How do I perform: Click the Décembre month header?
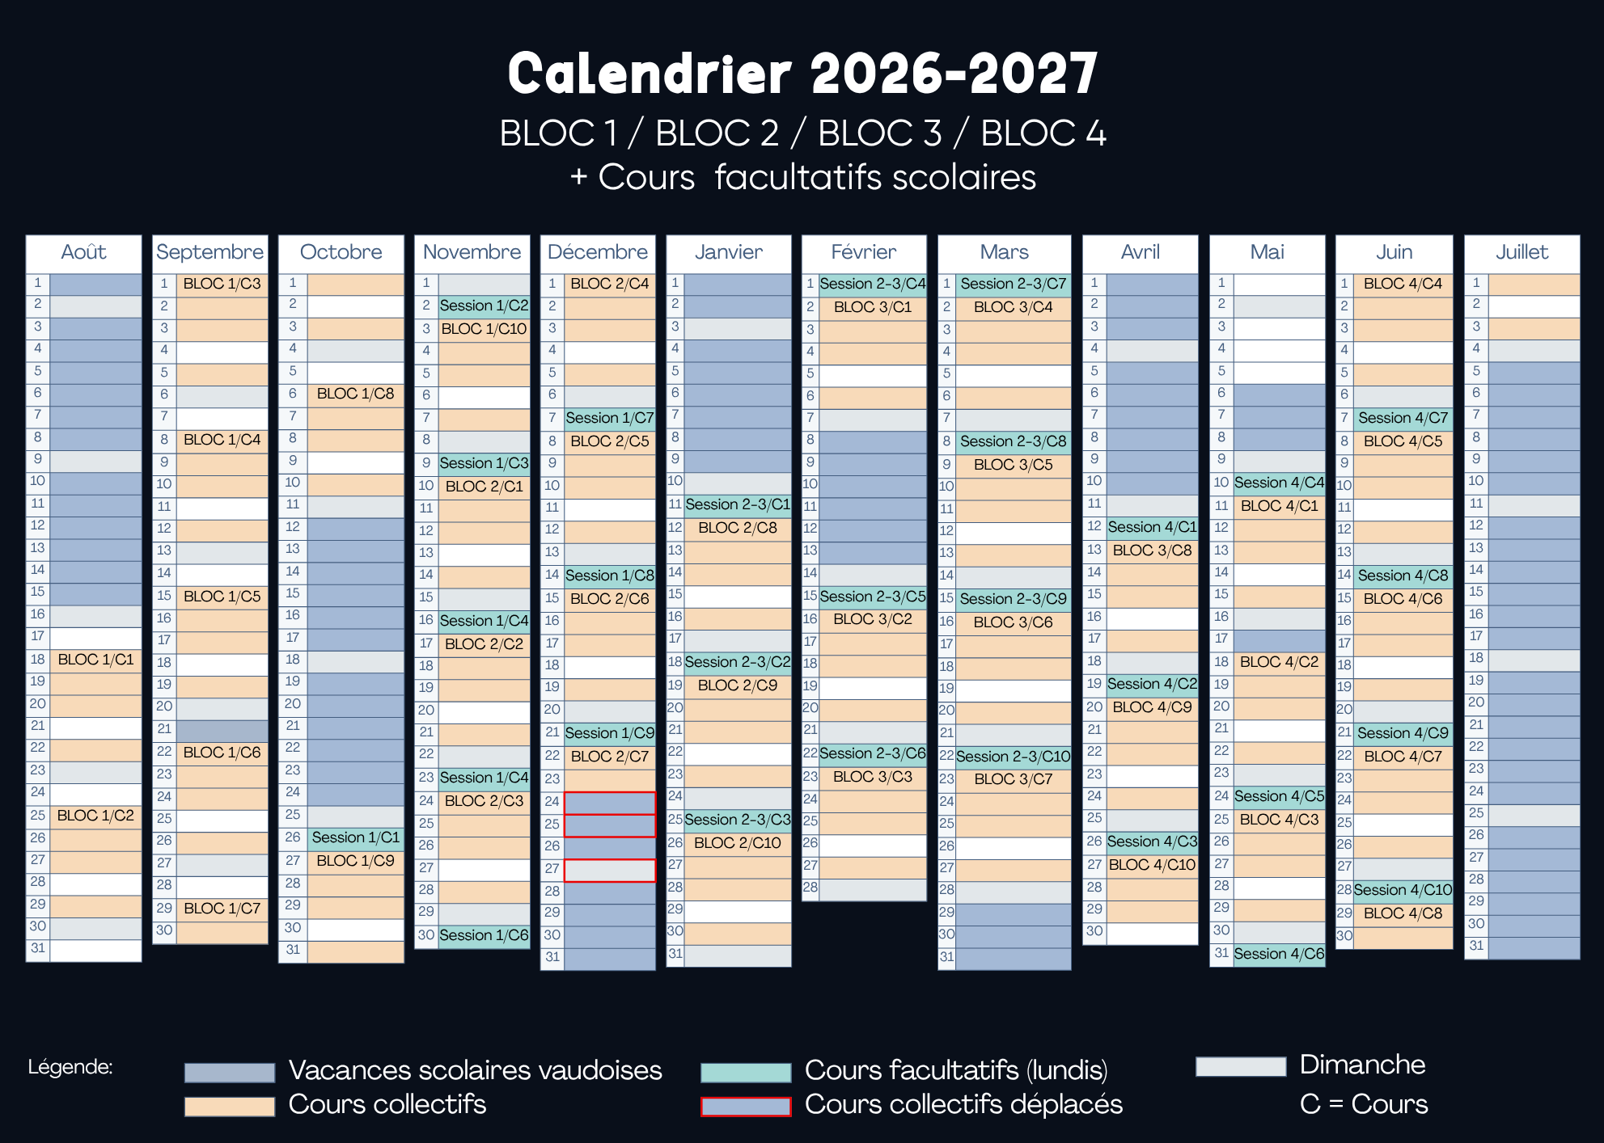point(598,253)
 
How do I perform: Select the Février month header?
point(864,253)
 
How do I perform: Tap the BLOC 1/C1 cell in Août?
point(95,660)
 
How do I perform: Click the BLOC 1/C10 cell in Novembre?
point(484,329)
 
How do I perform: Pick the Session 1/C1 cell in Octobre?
point(356,837)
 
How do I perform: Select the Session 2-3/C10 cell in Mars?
point(1014,757)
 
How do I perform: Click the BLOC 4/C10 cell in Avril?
point(1152,865)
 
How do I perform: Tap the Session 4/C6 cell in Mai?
point(1280,954)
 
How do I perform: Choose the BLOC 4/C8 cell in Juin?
point(1403,913)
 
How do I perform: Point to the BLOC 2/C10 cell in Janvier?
point(738,843)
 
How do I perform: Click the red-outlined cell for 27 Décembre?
point(610,870)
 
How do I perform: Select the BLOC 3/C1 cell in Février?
point(873,307)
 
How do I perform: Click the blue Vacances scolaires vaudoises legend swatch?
point(230,1072)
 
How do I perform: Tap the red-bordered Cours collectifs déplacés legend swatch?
point(746,1107)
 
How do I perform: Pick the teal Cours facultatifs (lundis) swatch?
point(746,1072)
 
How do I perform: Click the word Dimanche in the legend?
point(1362,1065)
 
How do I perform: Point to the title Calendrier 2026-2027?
point(802,74)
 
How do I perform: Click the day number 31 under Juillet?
point(1476,946)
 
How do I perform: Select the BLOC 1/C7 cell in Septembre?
point(222,909)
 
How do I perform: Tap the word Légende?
point(70,1067)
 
